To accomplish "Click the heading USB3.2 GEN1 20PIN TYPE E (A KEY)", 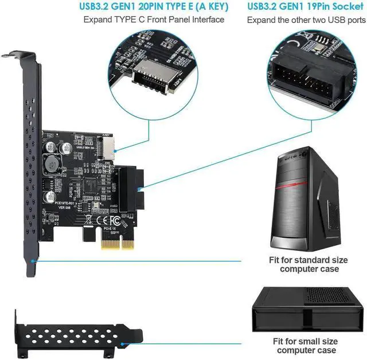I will [154, 7].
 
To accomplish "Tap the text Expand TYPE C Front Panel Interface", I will [154, 20].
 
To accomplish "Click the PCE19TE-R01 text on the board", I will [64, 203].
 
